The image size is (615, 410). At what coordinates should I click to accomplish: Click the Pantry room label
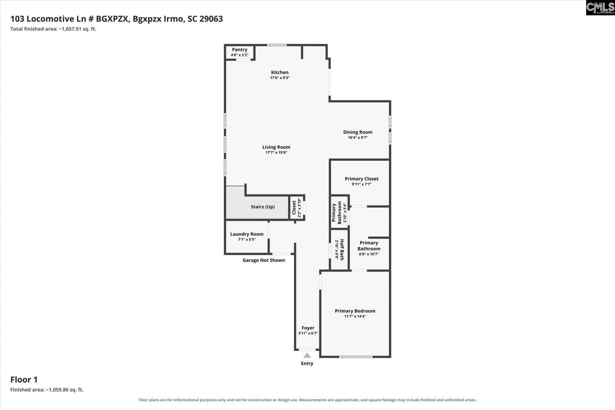[x=240, y=50]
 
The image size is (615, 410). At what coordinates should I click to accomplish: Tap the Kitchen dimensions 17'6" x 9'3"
[x=280, y=78]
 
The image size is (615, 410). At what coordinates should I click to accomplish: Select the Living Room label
[x=276, y=147]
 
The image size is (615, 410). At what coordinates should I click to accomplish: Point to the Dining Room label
[x=358, y=132]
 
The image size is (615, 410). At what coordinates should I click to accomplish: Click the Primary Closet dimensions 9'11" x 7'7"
[x=362, y=184]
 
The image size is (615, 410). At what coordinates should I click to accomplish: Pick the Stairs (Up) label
[x=263, y=207]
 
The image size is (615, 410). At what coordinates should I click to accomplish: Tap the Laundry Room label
[x=247, y=234]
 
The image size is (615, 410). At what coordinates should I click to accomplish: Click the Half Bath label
[x=342, y=250]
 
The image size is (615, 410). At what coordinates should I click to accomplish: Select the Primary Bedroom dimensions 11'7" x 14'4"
[x=355, y=316]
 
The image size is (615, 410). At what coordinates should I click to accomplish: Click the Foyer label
[x=308, y=328]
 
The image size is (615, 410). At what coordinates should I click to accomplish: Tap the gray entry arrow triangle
[x=307, y=355]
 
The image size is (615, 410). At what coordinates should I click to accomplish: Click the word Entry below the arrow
[x=307, y=363]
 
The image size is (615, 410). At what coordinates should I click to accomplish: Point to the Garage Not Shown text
[x=264, y=260]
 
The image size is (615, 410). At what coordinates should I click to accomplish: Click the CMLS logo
[x=600, y=8]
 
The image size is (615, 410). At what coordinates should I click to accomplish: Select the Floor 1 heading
[x=24, y=380]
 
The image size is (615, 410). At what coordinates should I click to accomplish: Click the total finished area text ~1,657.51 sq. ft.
[x=78, y=29]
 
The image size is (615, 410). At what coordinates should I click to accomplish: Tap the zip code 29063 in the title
[x=211, y=19]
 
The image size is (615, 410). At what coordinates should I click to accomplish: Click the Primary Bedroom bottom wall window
[x=356, y=357]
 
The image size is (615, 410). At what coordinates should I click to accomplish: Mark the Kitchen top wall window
[x=277, y=45]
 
